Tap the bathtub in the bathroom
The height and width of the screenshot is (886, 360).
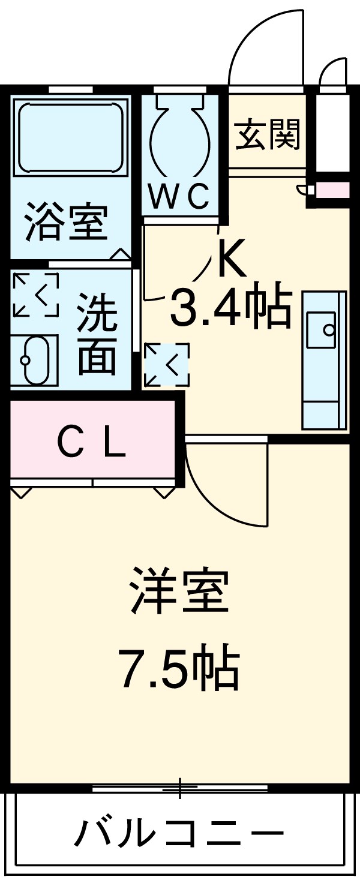(71, 138)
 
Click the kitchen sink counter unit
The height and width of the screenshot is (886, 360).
(324, 360)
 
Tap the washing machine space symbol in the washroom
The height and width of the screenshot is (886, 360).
(35, 295)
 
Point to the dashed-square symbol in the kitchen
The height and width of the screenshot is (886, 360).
(166, 365)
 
